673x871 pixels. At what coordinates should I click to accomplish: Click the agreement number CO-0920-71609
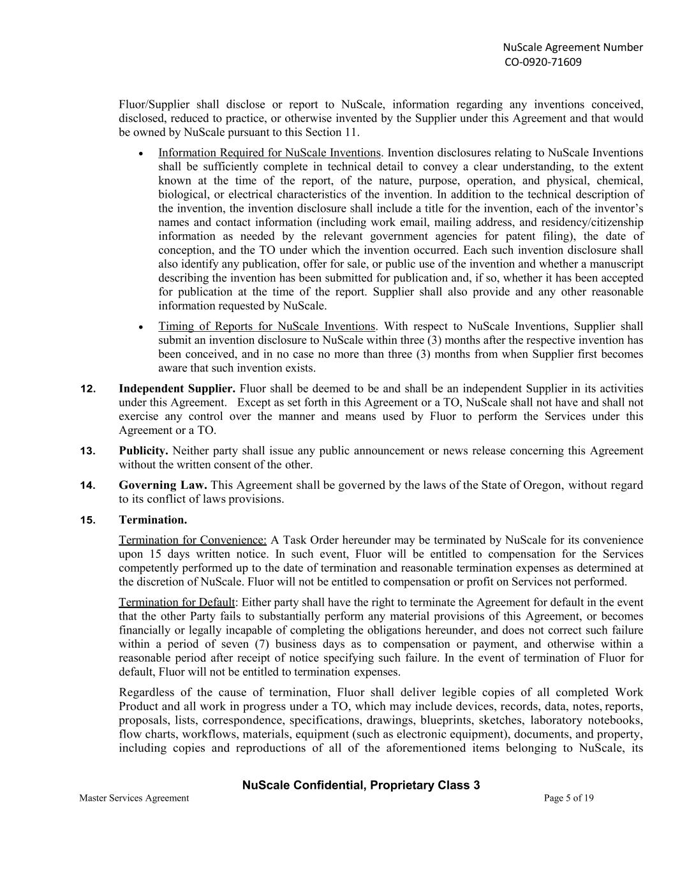click(543, 62)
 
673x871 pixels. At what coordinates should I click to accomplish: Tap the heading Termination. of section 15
click(152, 519)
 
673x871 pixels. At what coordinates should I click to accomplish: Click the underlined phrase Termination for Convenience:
click(193, 540)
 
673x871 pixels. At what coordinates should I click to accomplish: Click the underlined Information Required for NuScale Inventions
click(269, 153)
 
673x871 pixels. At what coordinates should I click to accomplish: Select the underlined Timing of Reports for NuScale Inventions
click(267, 326)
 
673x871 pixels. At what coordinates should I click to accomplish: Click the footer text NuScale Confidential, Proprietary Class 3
click(361, 785)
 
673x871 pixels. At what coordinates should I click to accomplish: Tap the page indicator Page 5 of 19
click(569, 798)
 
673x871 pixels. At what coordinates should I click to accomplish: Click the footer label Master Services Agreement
click(134, 798)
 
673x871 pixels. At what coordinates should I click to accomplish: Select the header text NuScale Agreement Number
click(573, 47)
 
